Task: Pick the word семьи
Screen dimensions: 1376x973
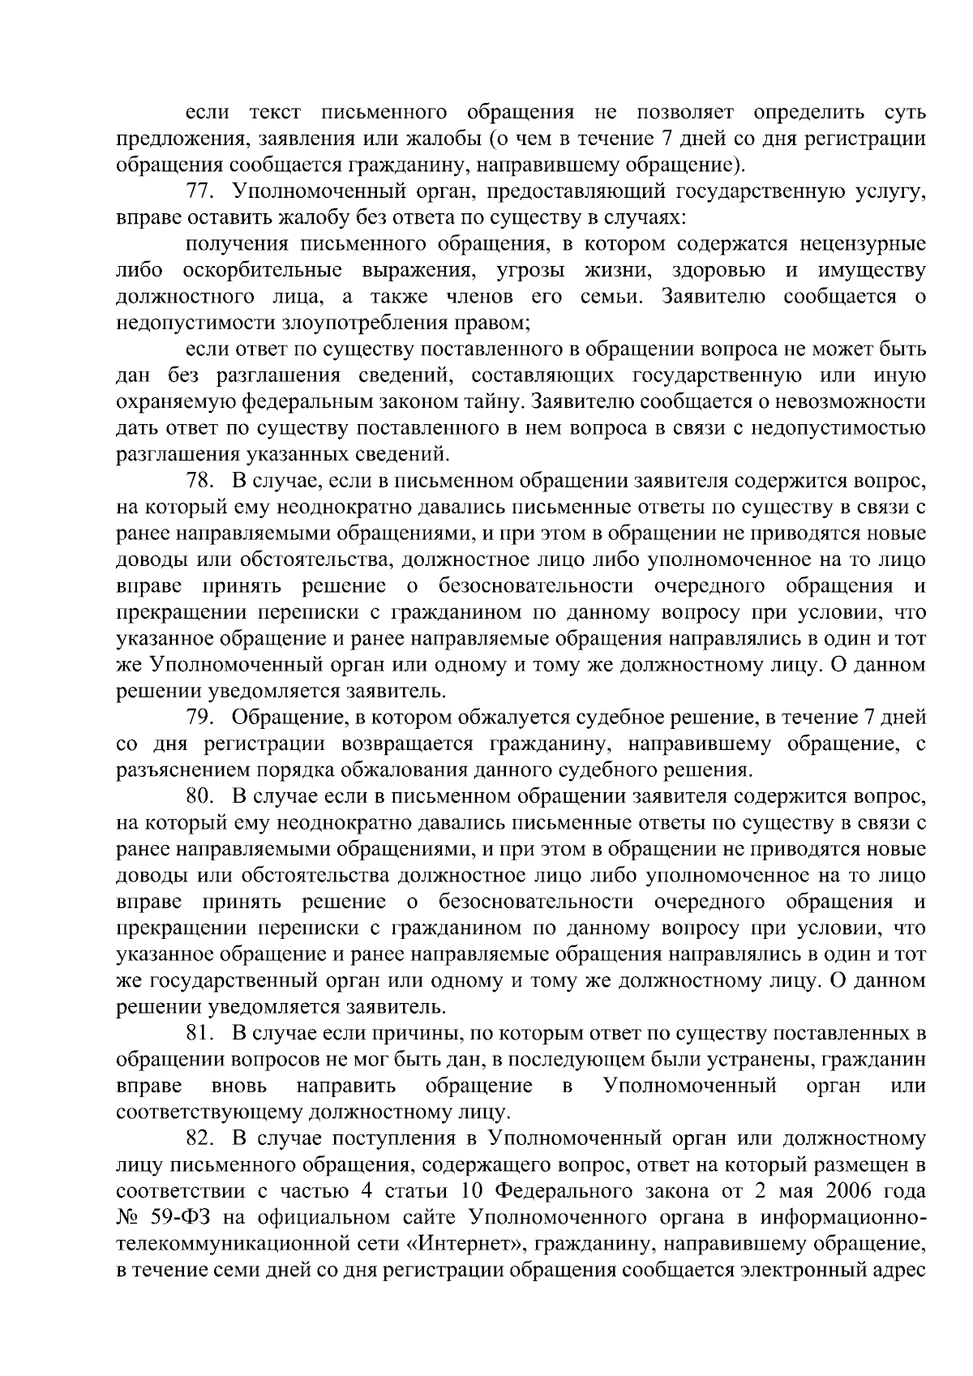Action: pos(612,297)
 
